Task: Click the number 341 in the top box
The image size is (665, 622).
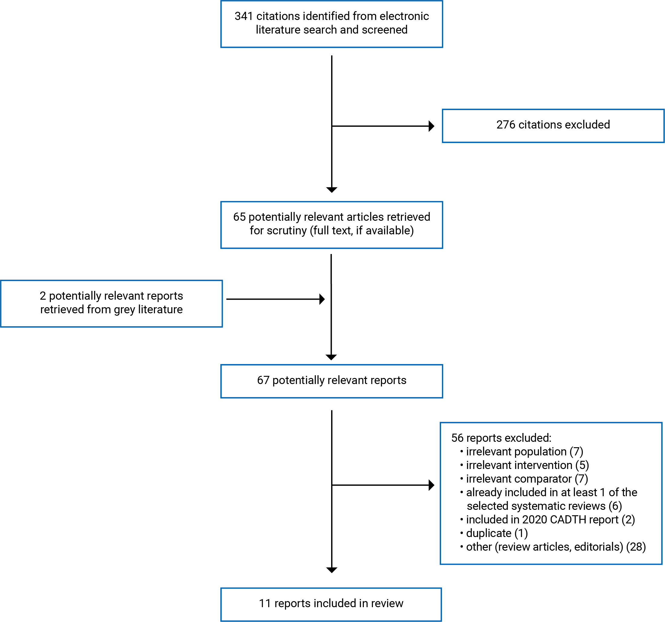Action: coord(244,16)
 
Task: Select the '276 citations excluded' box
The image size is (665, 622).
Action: coord(553,126)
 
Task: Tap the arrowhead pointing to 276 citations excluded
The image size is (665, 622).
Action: coord(432,126)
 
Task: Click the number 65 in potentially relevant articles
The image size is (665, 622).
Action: coord(239,217)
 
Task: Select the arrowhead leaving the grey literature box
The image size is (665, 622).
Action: coord(322,299)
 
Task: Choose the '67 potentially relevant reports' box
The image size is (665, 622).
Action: coord(331,381)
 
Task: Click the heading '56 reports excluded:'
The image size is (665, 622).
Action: coord(501,438)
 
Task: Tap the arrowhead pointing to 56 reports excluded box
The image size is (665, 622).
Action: coord(432,485)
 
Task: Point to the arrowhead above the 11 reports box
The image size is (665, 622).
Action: coord(331,570)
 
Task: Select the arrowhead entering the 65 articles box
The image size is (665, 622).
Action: coord(331,190)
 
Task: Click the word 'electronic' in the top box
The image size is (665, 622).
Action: coord(404,16)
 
